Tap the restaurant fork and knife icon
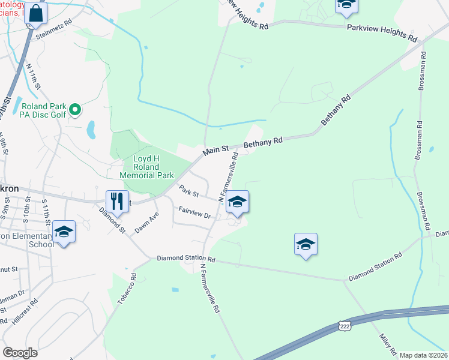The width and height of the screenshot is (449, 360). pyautogui.click(x=118, y=202)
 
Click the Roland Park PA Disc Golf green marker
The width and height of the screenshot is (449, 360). pyautogui.click(x=75, y=110)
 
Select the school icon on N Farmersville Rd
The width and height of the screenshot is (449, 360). pyautogui.click(x=238, y=202)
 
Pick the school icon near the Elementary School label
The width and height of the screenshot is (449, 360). pyautogui.click(x=64, y=232)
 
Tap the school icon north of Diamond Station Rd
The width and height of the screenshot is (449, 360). pyautogui.click(x=306, y=244)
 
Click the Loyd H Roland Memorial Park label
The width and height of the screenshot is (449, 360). pyautogui.click(x=146, y=167)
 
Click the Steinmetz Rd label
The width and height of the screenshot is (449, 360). pyautogui.click(x=54, y=21)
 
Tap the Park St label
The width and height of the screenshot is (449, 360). pyautogui.click(x=188, y=193)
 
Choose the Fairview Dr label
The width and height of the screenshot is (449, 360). pyautogui.click(x=195, y=212)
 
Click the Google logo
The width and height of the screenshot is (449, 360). pyautogui.click(x=20, y=353)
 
